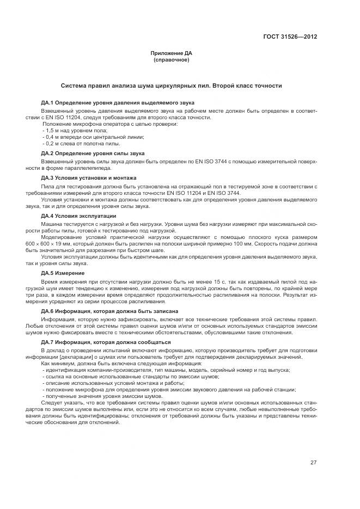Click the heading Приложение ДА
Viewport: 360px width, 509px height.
click(x=172, y=53)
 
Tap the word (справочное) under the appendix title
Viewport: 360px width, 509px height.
click(x=172, y=59)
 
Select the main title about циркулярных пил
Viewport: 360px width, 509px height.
click(x=172, y=86)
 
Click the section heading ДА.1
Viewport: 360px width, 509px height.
click(x=118, y=102)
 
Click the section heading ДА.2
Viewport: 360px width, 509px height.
click(x=93, y=154)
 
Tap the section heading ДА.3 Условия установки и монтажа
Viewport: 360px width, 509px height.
click(x=89, y=178)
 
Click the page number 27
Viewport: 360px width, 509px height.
click(x=314, y=462)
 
